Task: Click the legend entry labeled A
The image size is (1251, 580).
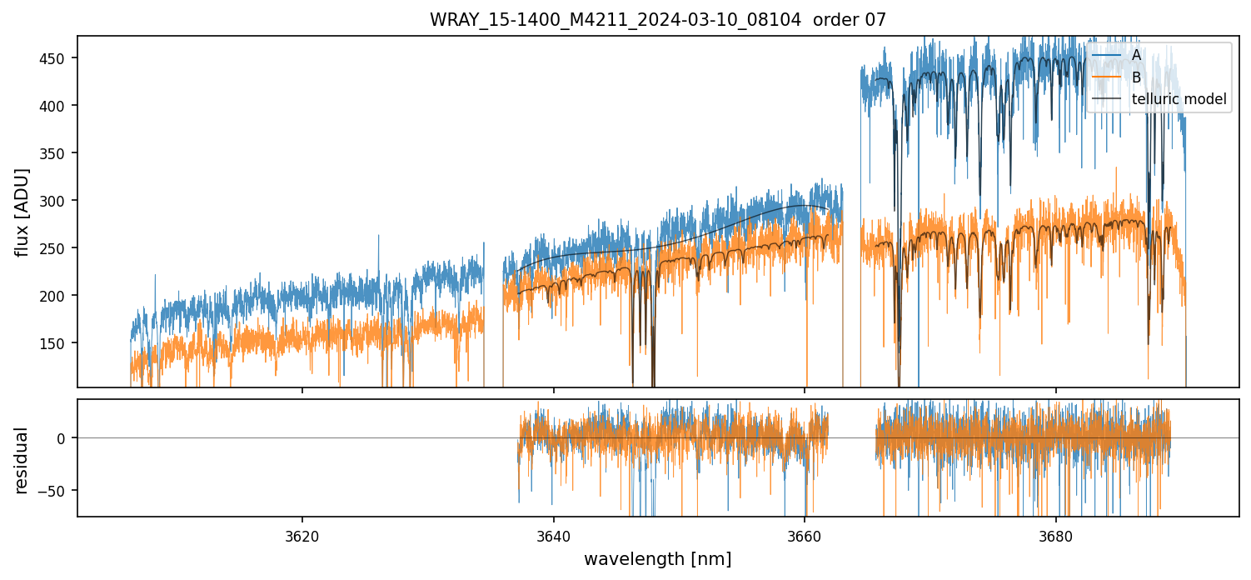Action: point(1136,55)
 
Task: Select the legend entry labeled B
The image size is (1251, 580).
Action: point(1136,77)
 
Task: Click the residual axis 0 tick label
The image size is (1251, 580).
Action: point(67,438)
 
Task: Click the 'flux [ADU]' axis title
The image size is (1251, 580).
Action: point(22,212)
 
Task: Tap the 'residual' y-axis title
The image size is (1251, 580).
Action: point(22,460)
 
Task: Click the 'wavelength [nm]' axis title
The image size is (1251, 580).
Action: point(657,559)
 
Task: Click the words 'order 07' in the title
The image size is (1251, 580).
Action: point(850,20)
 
